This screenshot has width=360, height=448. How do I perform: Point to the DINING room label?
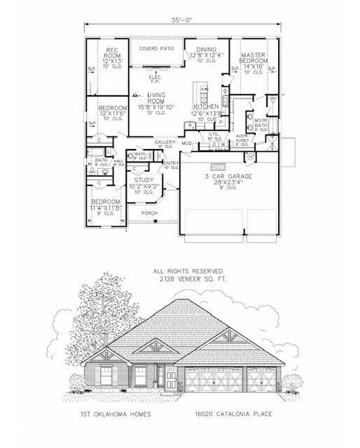[x=207, y=50]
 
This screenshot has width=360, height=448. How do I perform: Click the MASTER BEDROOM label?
[x=252, y=58]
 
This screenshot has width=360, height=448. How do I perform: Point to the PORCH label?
[x=148, y=212]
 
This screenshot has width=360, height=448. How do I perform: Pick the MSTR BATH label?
[x=262, y=123]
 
